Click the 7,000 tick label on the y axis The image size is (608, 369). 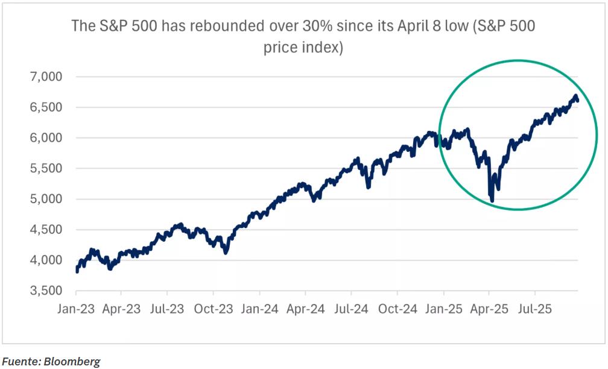click(45, 77)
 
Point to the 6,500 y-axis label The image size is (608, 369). click(45, 108)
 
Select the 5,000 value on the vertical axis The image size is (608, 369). click(45, 200)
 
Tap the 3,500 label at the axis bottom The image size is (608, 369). click(45, 291)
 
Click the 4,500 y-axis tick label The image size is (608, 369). click(45, 230)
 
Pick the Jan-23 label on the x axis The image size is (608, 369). click(75, 309)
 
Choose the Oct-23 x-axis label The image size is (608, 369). click(214, 309)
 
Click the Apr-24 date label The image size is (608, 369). click(305, 309)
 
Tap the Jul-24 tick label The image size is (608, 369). click(351, 309)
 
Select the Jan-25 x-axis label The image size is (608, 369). click(443, 309)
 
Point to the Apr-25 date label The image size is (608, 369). click(489, 309)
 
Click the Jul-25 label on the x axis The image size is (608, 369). click(535, 309)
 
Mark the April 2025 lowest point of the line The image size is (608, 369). click(492, 201)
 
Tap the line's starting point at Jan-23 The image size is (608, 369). click(77, 271)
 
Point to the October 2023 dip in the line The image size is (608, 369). click(226, 252)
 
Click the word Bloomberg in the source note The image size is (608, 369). click(74, 361)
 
